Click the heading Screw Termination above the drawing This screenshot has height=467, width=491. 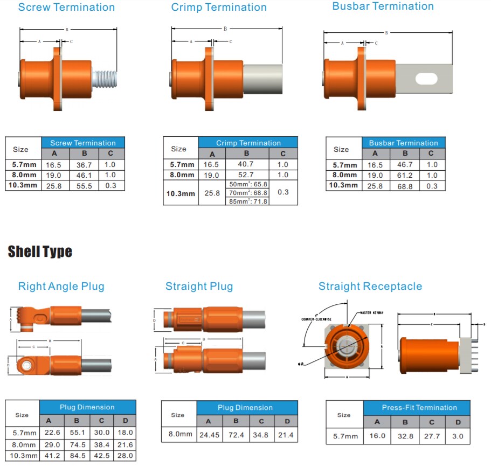tap(66, 8)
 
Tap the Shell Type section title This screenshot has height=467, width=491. tap(40, 252)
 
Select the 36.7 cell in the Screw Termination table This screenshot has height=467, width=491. tap(83, 165)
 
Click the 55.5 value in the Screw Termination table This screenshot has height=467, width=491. tap(83, 185)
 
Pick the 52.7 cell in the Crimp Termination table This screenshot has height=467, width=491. tap(246, 175)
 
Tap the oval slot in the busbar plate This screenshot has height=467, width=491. tap(426, 79)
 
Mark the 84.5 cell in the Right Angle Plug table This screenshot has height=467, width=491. tap(77, 456)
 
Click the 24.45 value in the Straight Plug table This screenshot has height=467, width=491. tap(209, 435)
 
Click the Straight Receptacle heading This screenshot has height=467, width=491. tap(370, 287)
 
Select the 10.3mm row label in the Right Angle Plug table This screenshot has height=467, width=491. tap(22, 456)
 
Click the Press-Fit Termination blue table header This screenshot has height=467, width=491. tap(417, 408)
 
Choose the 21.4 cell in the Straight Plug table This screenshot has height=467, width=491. tap(287, 435)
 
